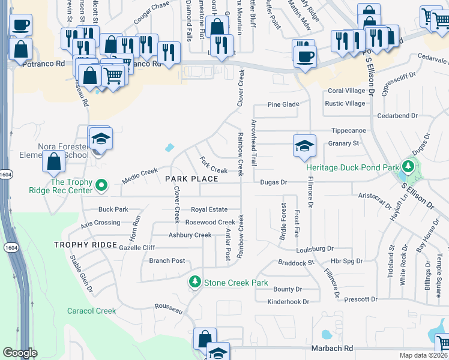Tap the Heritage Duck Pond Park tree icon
click(409, 165)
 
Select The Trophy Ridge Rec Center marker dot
click(101, 185)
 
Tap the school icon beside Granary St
click(304, 146)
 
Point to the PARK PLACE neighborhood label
click(187, 179)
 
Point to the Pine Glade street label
click(283, 104)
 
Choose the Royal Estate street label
click(209, 209)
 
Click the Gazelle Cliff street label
click(137, 247)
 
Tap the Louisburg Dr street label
click(315, 248)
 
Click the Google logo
click(20, 353)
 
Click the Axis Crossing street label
click(100, 223)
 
